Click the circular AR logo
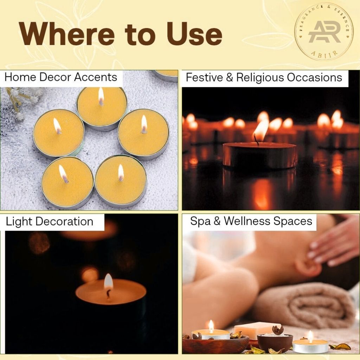324,32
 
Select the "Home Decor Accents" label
61,77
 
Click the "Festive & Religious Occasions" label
264,78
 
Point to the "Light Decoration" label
50,222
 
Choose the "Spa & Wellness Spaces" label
251,221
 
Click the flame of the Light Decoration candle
108,282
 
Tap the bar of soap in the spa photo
257,330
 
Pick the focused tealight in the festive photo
259,155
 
